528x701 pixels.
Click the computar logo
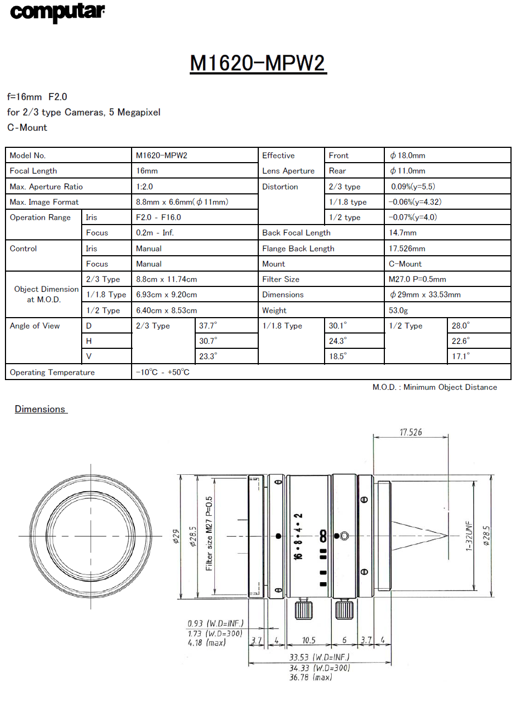point(57,12)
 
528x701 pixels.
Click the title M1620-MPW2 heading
point(258,63)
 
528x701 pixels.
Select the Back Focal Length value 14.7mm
point(402,233)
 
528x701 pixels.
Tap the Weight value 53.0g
point(398,311)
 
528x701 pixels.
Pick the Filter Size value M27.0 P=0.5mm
point(417,279)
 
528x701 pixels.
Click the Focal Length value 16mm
point(147,171)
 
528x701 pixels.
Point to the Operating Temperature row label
point(52,372)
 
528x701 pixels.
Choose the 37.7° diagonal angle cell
point(208,326)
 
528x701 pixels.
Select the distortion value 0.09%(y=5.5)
point(413,187)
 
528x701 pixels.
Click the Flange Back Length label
point(298,249)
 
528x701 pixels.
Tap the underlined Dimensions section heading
point(40,409)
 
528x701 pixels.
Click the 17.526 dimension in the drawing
point(411,433)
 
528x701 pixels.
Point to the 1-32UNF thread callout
point(469,536)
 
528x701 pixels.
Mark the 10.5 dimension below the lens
point(309,640)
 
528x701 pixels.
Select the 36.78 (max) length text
point(310,677)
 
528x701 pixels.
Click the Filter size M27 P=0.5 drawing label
point(209,533)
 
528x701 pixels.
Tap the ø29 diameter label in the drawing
point(176,536)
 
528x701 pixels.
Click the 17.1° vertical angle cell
point(461,357)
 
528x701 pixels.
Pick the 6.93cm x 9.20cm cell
point(167,295)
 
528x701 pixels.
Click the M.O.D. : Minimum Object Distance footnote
point(435,387)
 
